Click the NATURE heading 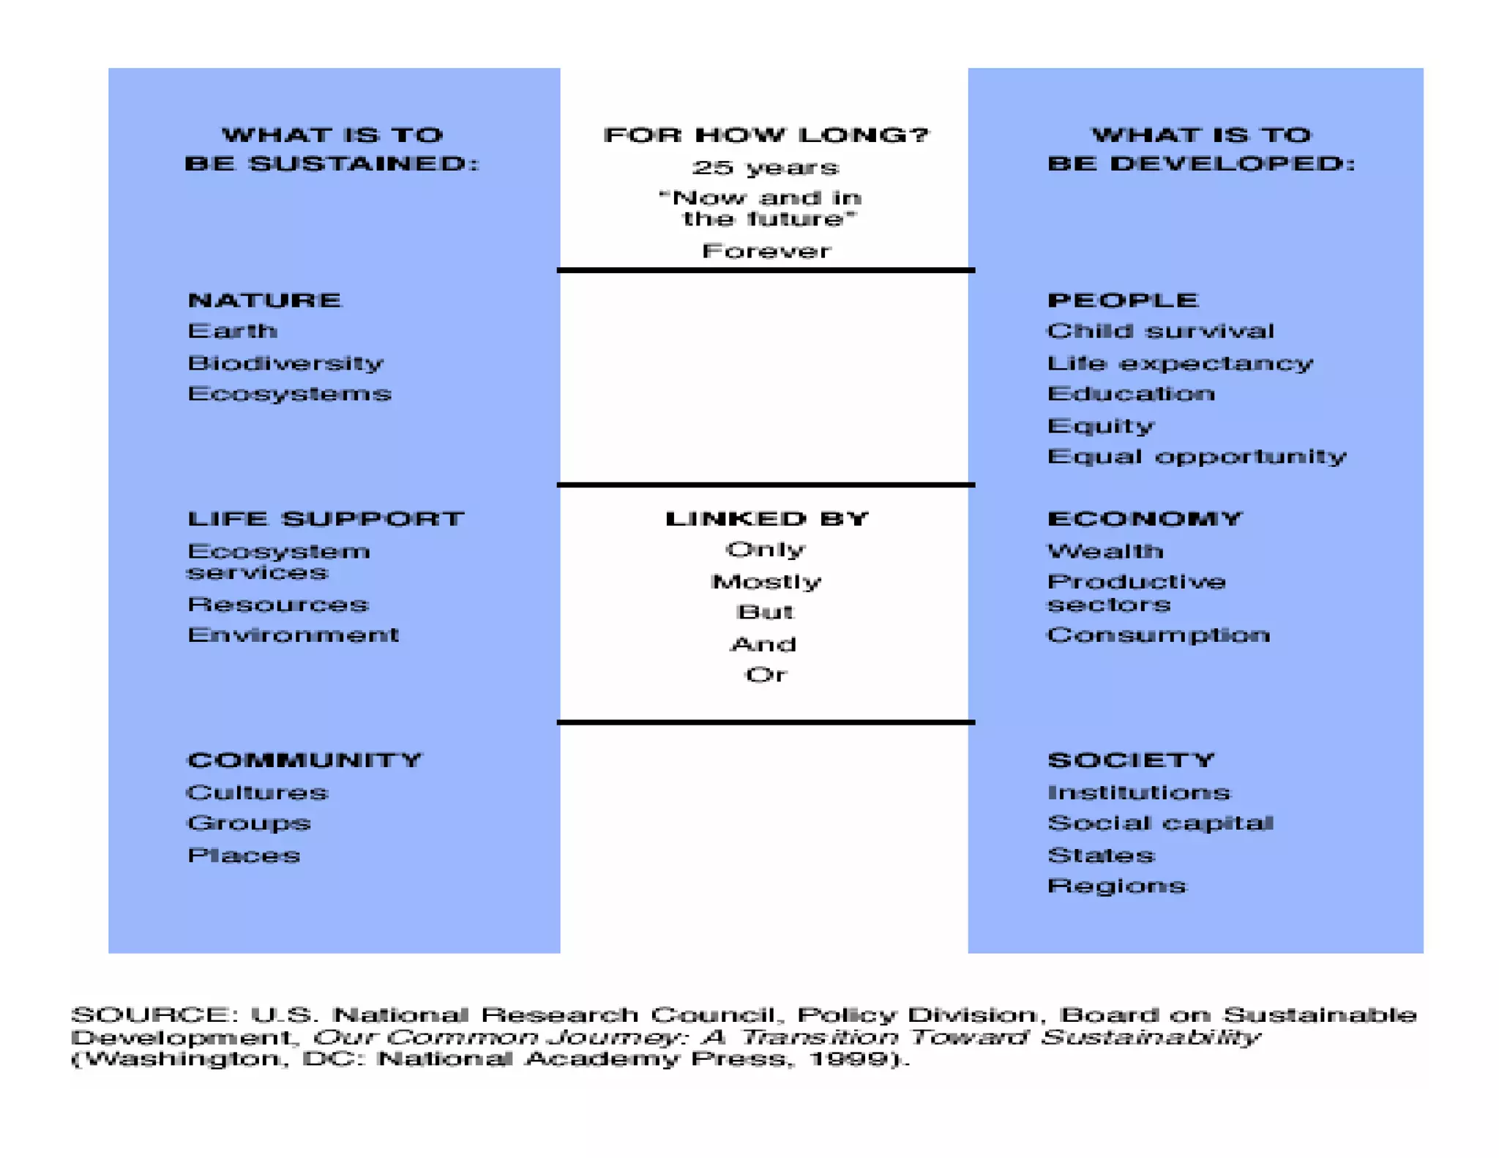(x=264, y=300)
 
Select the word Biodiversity (x=285, y=363)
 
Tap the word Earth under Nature (x=232, y=331)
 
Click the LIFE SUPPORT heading (x=326, y=519)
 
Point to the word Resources (x=278, y=605)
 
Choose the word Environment (x=293, y=635)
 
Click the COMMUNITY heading (x=304, y=761)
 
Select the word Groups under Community (x=249, y=823)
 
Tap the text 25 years (x=766, y=168)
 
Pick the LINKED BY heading (x=766, y=519)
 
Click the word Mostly (x=766, y=582)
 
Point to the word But (x=766, y=612)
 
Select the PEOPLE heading (x=1123, y=300)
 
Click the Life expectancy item (x=1180, y=364)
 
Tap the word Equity (x=1101, y=426)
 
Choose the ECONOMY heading (x=1145, y=519)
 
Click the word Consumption (x=1159, y=635)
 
